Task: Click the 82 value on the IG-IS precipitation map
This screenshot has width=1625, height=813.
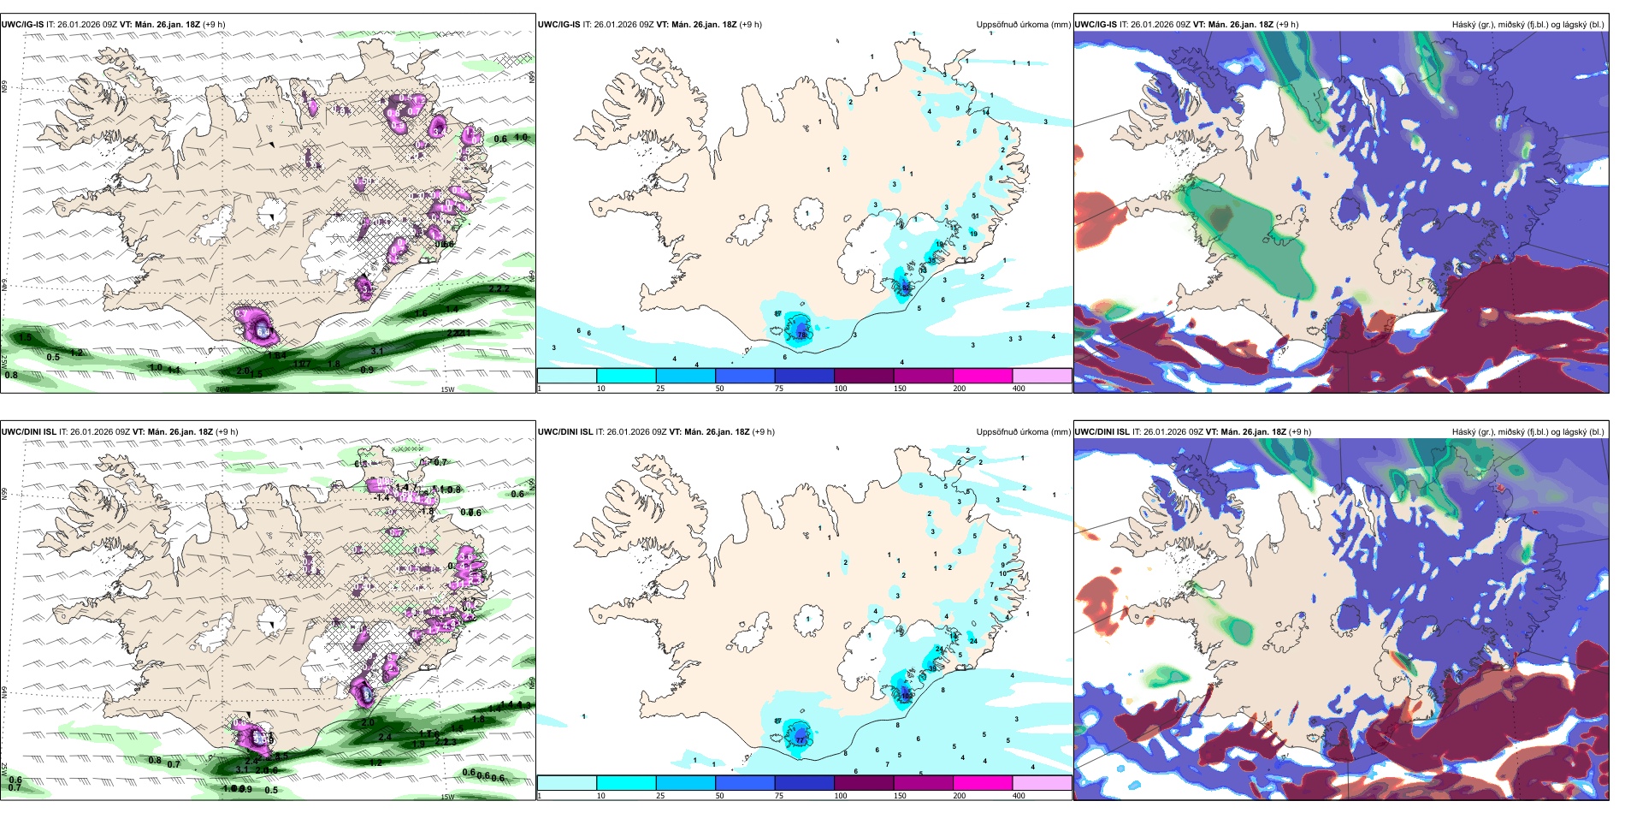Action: [906, 288]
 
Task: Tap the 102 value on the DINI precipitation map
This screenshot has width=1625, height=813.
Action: [906, 697]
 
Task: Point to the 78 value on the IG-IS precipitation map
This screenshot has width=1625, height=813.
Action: [801, 335]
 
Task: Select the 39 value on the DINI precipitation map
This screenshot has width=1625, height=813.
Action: [932, 668]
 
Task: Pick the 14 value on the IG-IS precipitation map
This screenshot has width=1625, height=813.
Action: [985, 112]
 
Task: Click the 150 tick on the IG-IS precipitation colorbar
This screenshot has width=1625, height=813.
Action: [900, 389]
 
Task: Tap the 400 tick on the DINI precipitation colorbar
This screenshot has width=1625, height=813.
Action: [1019, 796]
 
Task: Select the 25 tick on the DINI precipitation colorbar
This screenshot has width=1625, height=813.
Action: [660, 796]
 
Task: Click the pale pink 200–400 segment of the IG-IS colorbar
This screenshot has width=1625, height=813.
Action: [1042, 376]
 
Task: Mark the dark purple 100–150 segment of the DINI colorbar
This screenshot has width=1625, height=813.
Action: [864, 783]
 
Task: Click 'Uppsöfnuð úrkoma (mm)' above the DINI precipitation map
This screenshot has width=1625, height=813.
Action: [1023, 432]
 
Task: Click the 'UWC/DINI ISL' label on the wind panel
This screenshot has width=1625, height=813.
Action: [28, 432]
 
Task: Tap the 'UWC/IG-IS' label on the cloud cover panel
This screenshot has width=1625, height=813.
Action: [1096, 25]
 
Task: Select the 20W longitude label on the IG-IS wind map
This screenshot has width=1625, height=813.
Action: [222, 389]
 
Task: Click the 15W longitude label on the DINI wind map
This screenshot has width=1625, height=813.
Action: [447, 797]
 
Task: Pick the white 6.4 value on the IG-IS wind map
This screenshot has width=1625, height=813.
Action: [264, 331]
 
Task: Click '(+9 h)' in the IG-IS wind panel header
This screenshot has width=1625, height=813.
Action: [214, 25]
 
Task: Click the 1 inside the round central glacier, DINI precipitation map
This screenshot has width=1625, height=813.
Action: [808, 618]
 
